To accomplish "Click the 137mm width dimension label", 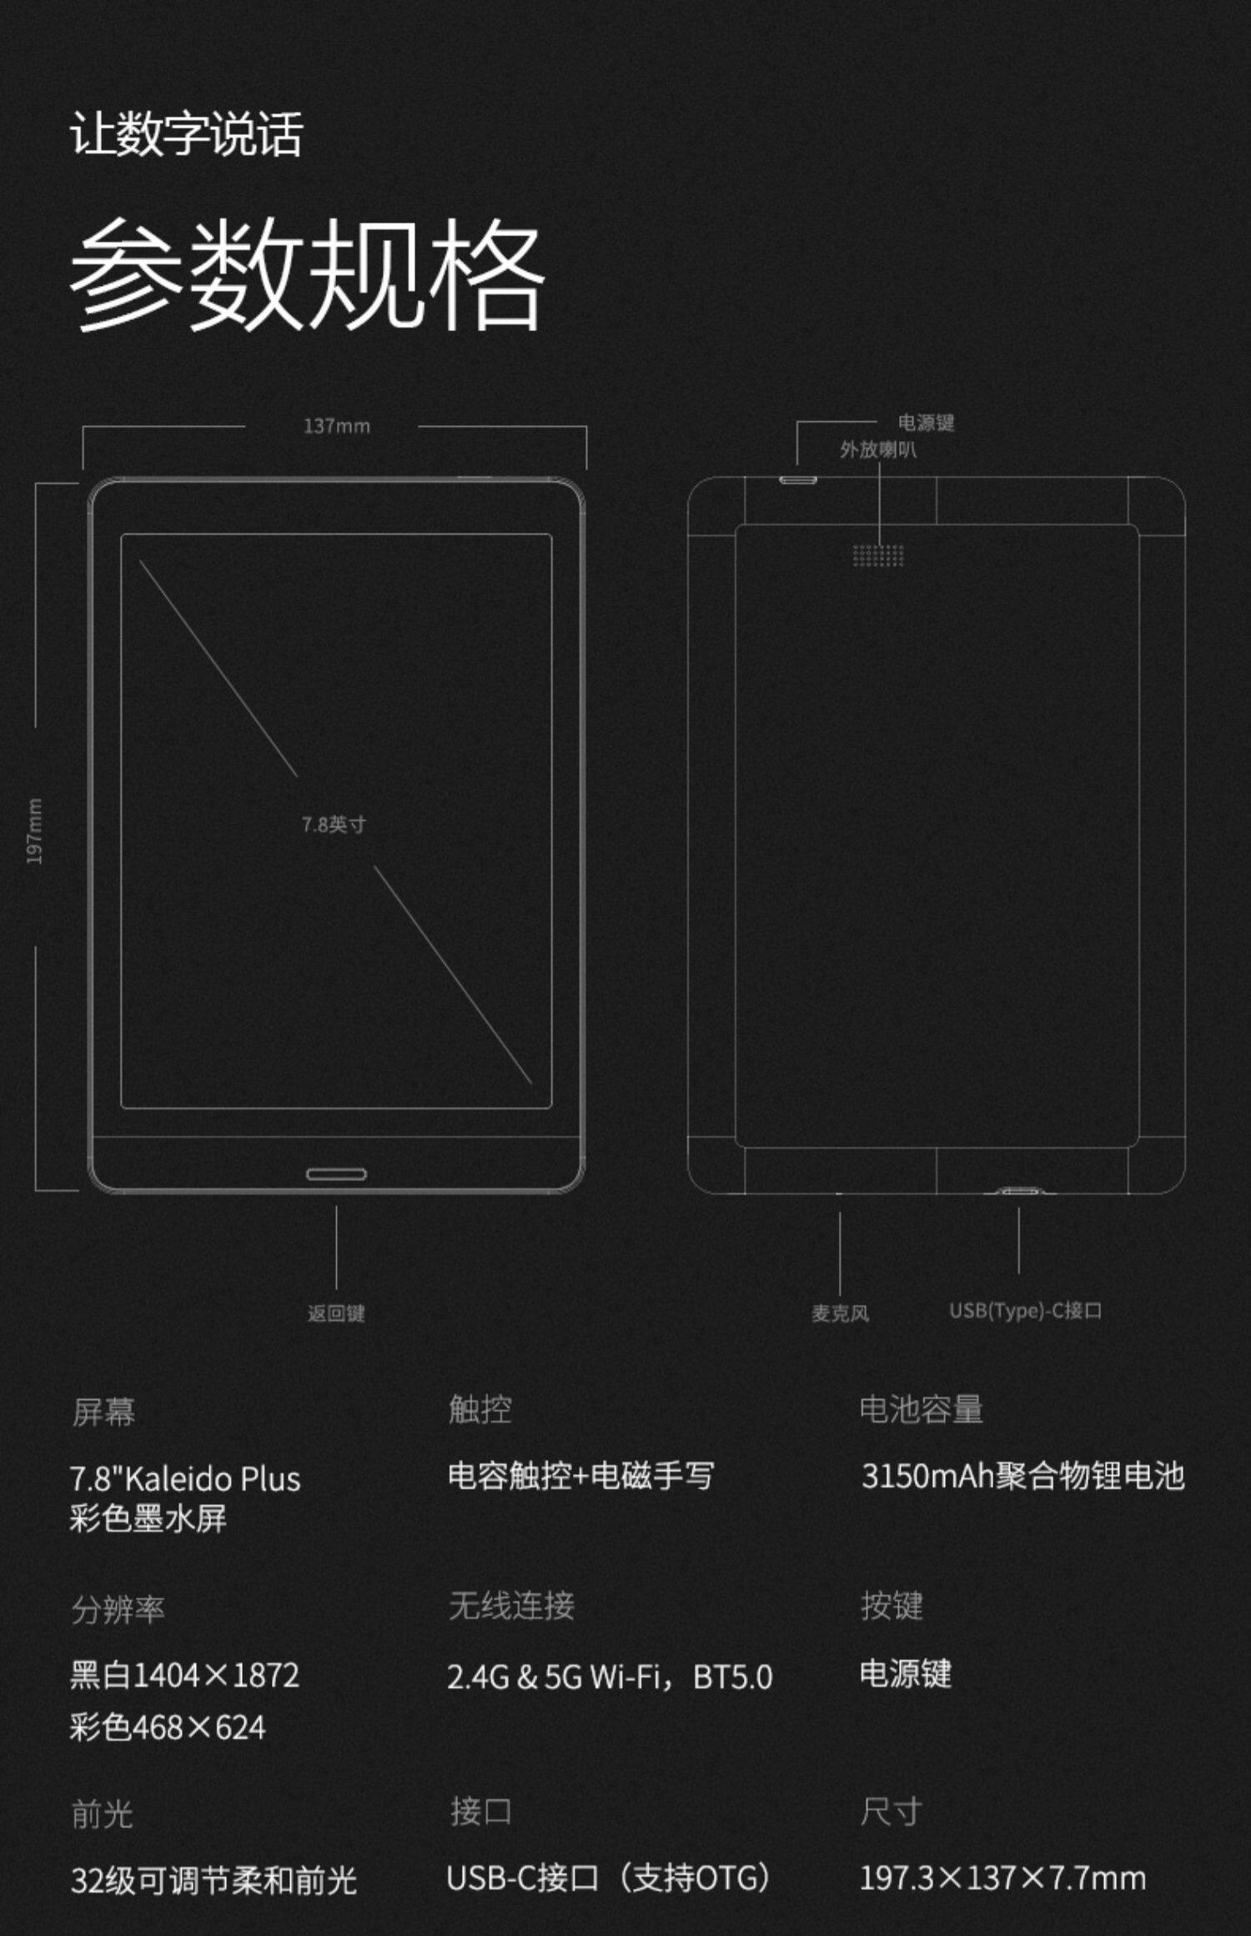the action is click(x=336, y=426).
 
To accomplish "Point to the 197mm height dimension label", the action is click(x=34, y=831).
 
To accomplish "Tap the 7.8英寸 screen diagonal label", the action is click(x=334, y=825).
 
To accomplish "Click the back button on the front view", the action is click(x=336, y=1174).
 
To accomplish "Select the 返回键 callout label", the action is click(x=336, y=1314).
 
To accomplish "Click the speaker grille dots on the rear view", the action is click(x=878, y=555).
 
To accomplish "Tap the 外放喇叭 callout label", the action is click(x=877, y=450).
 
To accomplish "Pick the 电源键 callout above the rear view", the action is click(x=926, y=423).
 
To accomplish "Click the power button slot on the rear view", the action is click(x=798, y=480).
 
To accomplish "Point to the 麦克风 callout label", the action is click(x=840, y=1314).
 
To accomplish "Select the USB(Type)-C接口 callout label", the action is click(x=1025, y=1312).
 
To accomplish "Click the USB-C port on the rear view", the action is click(x=1018, y=1191).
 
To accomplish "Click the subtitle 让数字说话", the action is click(x=186, y=133).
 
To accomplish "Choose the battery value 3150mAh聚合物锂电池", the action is click(x=1022, y=1476).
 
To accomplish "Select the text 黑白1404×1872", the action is click(x=184, y=1675).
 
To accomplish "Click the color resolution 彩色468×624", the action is click(x=168, y=1728).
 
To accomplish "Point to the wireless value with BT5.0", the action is click(x=610, y=1677).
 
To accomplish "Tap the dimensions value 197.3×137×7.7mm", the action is click(x=1002, y=1878).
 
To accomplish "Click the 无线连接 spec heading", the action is click(x=511, y=1606).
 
